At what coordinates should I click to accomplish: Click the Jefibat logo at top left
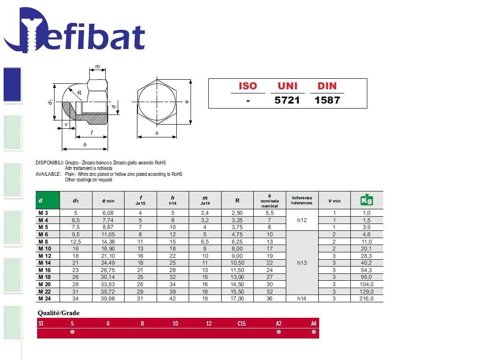[x=74, y=30]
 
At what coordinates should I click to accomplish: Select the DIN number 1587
[x=327, y=100]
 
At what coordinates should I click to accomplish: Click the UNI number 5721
[x=287, y=100]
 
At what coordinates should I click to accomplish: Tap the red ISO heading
[x=248, y=86]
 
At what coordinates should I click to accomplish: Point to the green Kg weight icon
[x=367, y=200]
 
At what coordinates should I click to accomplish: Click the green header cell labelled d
[x=48, y=200]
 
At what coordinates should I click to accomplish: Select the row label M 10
[x=44, y=249]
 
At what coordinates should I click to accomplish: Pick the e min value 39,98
[x=108, y=299]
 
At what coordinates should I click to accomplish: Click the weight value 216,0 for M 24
[x=366, y=299]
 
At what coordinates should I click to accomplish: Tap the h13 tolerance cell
[x=302, y=262]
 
